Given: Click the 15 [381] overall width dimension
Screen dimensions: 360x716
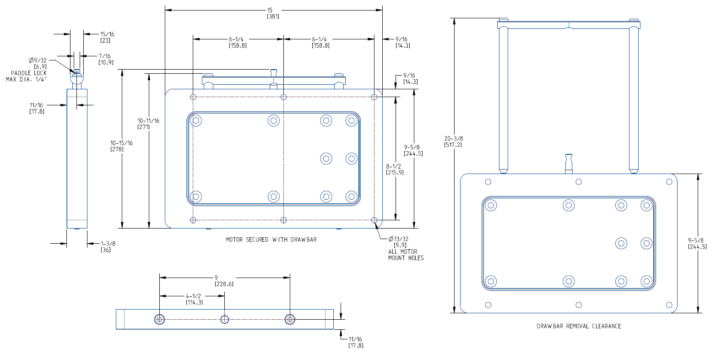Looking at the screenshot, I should [273, 13].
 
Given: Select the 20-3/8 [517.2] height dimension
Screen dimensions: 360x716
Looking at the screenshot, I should [453, 141].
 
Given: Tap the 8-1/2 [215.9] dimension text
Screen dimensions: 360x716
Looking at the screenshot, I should [395, 169].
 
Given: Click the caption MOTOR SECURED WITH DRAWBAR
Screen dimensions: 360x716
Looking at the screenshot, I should [271, 240].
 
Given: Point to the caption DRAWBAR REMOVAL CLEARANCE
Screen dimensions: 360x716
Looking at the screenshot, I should [579, 326].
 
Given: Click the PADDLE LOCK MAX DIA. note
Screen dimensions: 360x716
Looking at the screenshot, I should [26, 76].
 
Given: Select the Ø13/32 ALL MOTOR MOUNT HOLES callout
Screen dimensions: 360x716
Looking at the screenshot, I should [406, 248].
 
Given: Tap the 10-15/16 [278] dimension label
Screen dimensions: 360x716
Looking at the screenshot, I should [121, 146].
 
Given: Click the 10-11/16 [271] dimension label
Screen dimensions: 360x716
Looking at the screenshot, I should [148, 124].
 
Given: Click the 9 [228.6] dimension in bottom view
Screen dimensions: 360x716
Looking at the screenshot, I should [224, 281].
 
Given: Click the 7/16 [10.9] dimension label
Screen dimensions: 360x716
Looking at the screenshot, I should [106, 59].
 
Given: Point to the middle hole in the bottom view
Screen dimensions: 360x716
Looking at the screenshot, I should [224, 319].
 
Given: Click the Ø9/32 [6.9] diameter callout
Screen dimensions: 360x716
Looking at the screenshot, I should [37, 63].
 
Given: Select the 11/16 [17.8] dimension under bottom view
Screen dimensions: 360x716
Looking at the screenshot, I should [356, 342].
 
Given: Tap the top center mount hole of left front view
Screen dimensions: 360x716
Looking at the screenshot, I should [284, 97].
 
